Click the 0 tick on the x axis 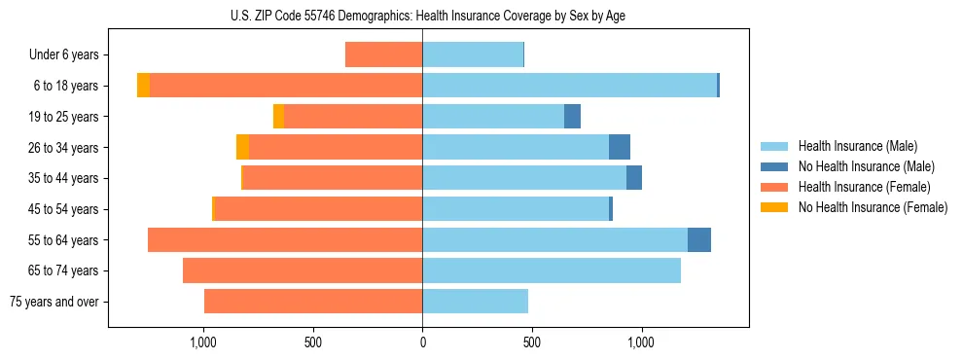422,342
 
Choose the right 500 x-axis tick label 532,342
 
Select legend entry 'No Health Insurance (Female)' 873,207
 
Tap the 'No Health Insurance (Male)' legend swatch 774,166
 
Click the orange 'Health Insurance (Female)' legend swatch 774,187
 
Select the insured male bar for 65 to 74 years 552,270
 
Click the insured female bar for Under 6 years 383,55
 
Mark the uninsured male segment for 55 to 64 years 699,240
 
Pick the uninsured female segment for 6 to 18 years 143,86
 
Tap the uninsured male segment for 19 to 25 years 572,117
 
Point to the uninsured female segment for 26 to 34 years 242,147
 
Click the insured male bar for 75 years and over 475,302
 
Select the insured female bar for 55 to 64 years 285,240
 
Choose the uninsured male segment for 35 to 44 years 634,178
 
